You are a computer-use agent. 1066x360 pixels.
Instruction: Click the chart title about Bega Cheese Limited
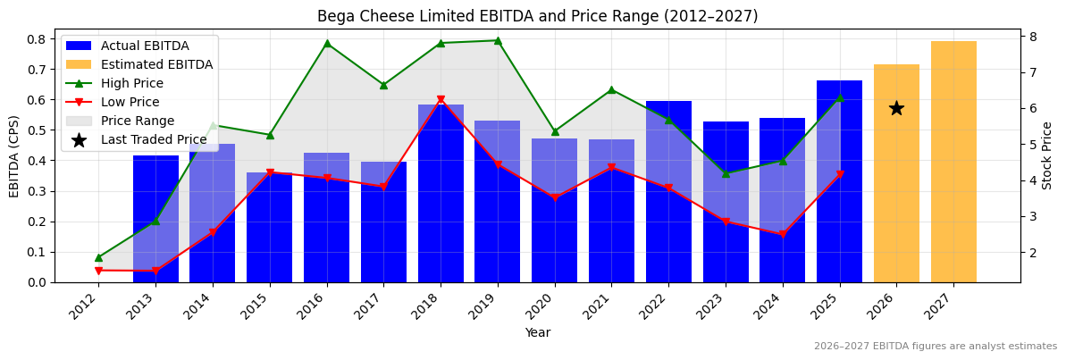(x=537, y=16)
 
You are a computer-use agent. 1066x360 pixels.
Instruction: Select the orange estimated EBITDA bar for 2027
(x=953, y=162)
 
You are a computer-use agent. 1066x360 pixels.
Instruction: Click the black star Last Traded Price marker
(x=896, y=108)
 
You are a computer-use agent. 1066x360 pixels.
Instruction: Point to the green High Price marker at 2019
(x=498, y=40)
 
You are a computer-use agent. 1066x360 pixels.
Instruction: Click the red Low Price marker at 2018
(x=441, y=100)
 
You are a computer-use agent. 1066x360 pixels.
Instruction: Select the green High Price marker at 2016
(x=327, y=43)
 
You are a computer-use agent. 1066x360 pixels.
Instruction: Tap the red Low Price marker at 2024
(x=783, y=234)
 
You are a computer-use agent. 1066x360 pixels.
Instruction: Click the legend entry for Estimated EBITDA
(x=156, y=64)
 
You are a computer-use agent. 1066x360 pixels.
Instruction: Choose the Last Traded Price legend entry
(x=153, y=139)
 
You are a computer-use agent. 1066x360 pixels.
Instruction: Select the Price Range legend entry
(x=137, y=121)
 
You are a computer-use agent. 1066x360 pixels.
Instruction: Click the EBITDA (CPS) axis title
(x=14, y=155)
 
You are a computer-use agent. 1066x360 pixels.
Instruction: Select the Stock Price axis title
(x=1048, y=155)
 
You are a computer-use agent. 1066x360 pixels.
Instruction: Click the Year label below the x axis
(x=537, y=332)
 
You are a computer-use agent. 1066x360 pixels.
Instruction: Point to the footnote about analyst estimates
(x=935, y=347)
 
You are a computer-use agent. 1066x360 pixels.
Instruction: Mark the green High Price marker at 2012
(x=98, y=257)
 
